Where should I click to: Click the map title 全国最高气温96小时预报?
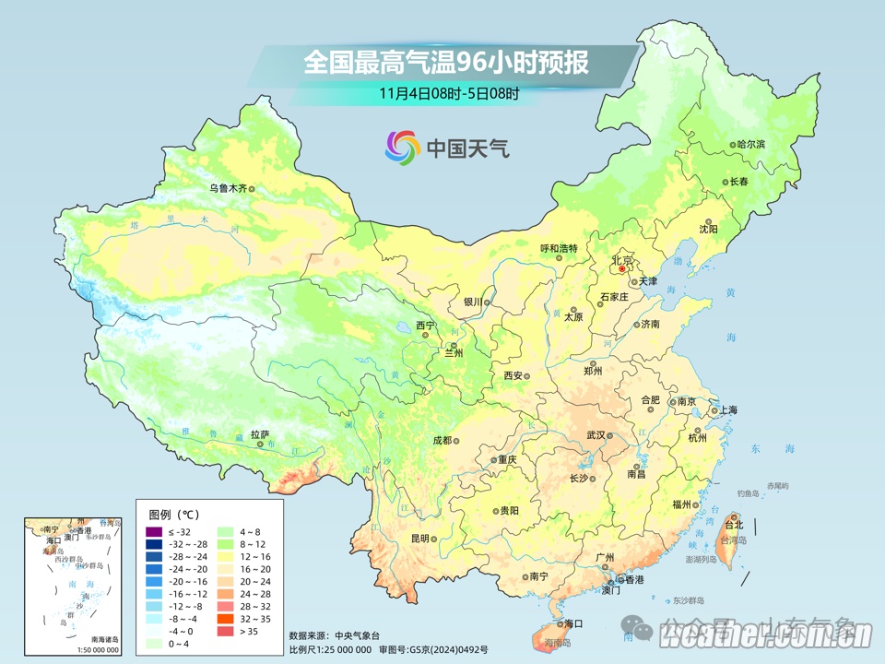coord(446,63)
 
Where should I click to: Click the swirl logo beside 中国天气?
coord(402,147)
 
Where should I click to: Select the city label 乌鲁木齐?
coord(228,188)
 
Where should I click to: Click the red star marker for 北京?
coord(622,269)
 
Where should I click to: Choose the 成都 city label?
coord(442,440)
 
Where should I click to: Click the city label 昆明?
coord(420,538)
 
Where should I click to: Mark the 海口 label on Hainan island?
coord(573,623)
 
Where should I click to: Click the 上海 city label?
coord(728,409)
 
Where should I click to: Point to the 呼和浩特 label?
coord(558,248)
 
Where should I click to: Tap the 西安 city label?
coord(513,375)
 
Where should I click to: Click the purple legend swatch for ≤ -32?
coord(153,533)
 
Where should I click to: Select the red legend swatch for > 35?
coord(225,632)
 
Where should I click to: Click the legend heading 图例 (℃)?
coord(173,514)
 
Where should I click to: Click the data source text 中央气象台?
coord(353,635)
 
